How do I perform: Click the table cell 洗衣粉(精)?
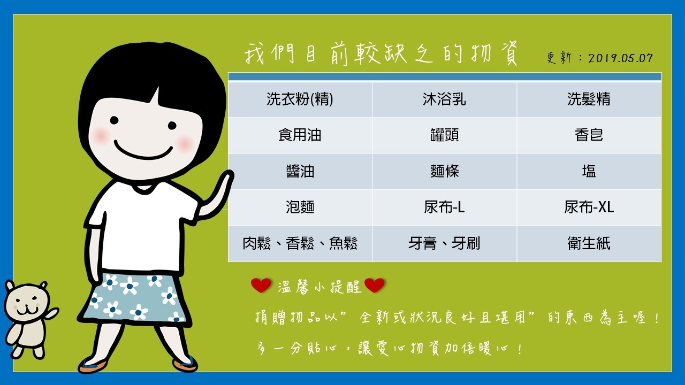(300, 99)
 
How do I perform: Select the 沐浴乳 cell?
(444, 99)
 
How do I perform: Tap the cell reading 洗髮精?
(589, 99)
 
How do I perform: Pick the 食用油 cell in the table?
(300, 135)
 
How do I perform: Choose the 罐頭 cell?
(444, 135)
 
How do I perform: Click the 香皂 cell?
(589, 135)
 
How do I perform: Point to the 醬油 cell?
(300, 172)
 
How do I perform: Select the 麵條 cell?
(444, 172)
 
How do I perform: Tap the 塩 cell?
(589, 172)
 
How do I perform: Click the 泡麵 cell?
(300, 207)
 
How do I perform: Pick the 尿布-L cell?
(444, 207)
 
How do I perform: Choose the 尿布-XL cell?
(589, 207)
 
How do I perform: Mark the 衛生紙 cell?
(589, 244)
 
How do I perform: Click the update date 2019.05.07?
(620, 58)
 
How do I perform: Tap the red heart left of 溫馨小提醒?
(261, 286)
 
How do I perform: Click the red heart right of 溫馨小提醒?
(375, 286)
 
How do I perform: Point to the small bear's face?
(27, 304)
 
